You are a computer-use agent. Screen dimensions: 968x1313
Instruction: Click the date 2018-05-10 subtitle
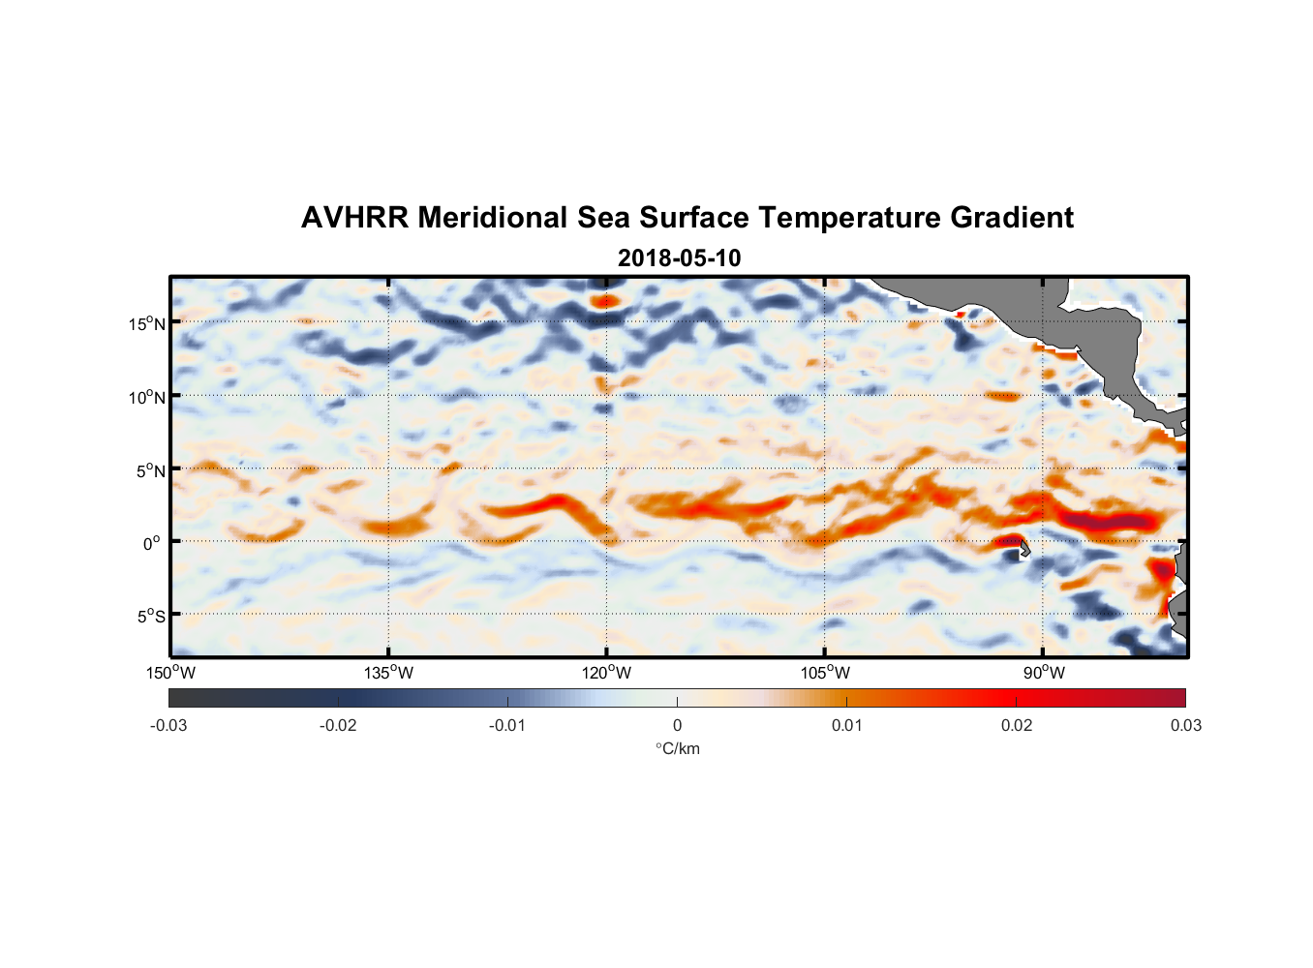679,258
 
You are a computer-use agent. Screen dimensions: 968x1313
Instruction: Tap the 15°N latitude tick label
147,323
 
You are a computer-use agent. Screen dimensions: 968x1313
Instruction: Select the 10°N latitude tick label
147,397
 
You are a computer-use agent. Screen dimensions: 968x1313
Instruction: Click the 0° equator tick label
151,543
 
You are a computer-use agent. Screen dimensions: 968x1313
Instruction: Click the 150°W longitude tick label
171,673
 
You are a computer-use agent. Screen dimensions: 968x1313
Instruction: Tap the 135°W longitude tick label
389,673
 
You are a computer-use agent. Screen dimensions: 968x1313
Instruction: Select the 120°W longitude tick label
607,673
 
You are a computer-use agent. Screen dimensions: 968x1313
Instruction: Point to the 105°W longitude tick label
825,673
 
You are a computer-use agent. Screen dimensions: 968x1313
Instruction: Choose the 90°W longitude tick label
1044,673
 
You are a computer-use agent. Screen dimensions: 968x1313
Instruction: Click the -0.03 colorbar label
168,726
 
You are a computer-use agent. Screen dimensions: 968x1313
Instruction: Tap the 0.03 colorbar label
1185,726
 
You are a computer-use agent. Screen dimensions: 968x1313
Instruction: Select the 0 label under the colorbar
677,726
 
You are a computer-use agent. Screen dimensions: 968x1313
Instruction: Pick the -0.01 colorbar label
507,726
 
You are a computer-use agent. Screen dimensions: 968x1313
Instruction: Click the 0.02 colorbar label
1016,726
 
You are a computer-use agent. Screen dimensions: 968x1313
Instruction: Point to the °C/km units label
678,749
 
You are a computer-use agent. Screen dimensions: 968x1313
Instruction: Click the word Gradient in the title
1012,218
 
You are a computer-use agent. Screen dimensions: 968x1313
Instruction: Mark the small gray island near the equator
1023,549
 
